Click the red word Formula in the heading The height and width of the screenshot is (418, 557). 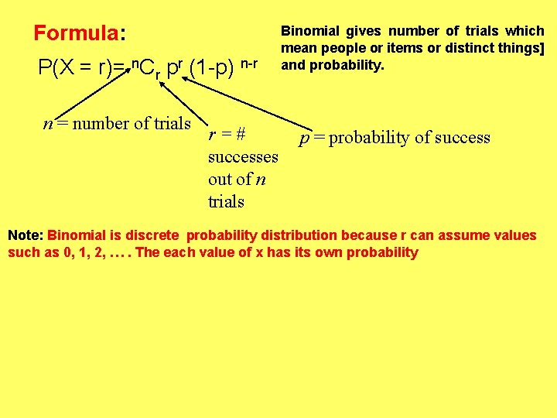pyautogui.click(x=75, y=33)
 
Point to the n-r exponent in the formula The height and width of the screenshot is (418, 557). pyautogui.click(x=248, y=62)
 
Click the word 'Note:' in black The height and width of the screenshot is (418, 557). pyautogui.click(x=26, y=235)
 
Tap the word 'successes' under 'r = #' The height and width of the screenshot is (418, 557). pyautogui.click(x=243, y=157)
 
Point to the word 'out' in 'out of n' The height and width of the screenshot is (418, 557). pyautogui.click(x=220, y=180)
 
